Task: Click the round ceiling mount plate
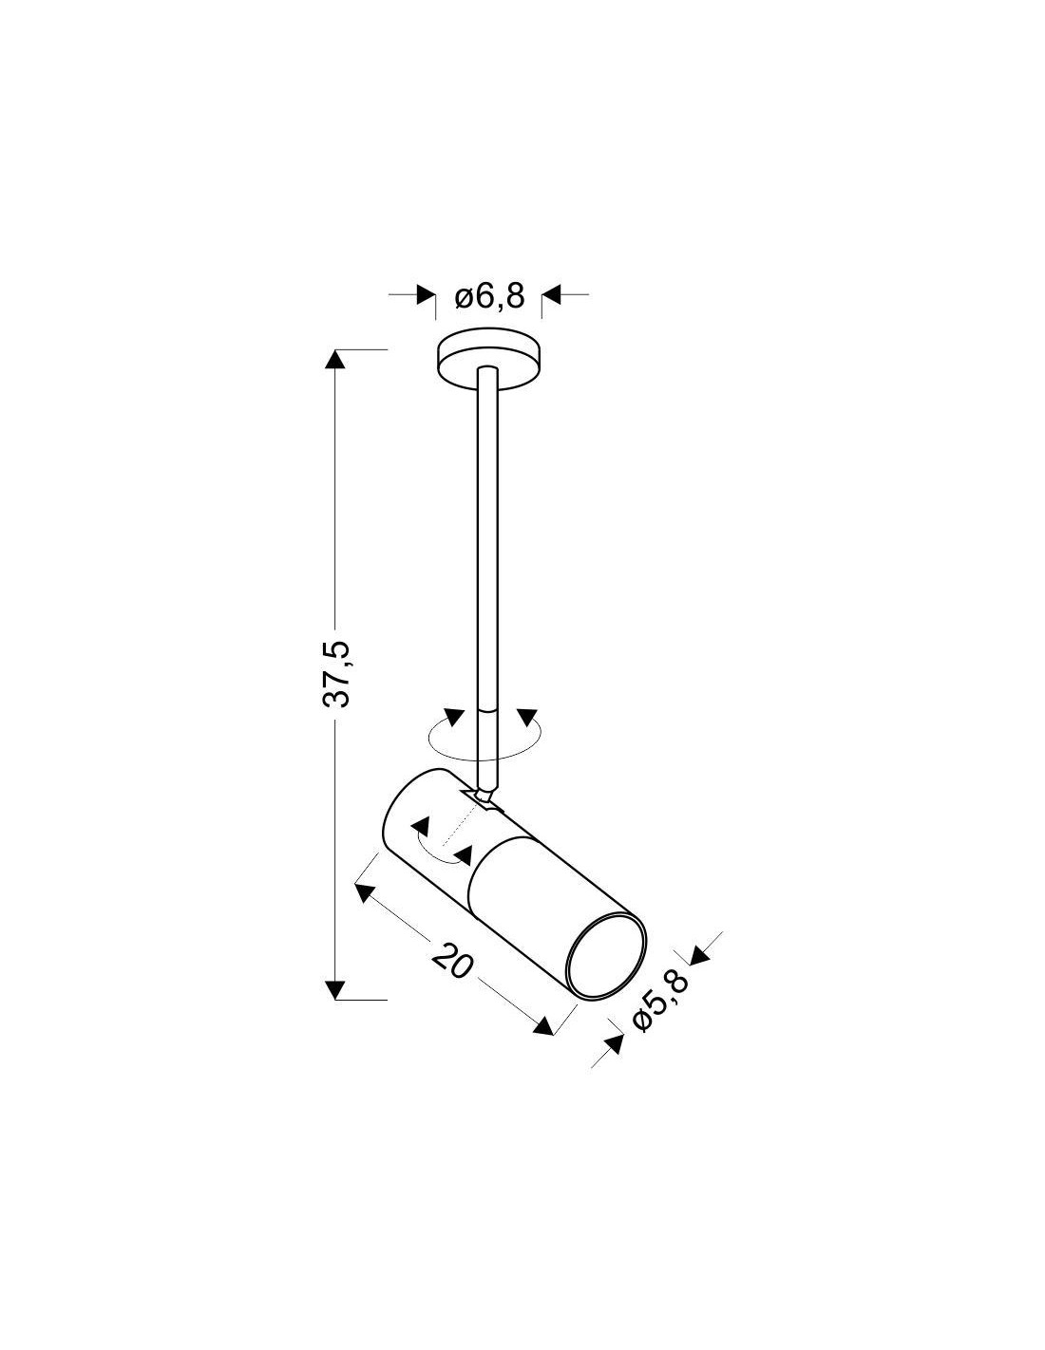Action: [x=488, y=361]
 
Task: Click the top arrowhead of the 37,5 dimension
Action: [x=335, y=360]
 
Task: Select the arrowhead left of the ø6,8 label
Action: [x=426, y=295]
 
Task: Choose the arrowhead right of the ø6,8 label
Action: [x=552, y=295]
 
